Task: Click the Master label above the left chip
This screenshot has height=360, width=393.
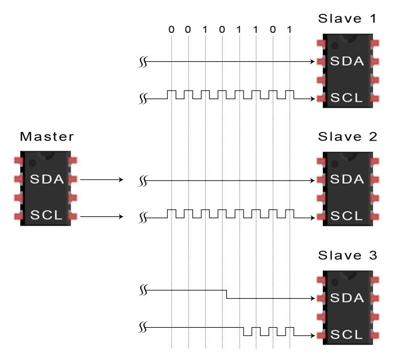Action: tap(47, 137)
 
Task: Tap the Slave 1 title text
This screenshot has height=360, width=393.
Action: tap(347, 19)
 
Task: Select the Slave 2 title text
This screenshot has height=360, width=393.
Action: tap(347, 137)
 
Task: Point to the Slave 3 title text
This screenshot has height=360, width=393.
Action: tap(347, 255)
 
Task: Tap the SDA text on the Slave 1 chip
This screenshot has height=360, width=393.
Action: tap(347, 62)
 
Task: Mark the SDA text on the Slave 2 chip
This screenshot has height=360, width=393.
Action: tap(347, 180)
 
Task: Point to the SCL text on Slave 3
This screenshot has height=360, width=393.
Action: tap(347, 334)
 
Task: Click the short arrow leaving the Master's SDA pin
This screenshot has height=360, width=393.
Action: tap(102, 180)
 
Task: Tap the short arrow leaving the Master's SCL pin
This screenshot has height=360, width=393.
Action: tap(102, 216)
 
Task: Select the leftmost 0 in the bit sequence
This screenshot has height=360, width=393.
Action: tap(171, 30)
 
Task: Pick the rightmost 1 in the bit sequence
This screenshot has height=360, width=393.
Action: tap(290, 30)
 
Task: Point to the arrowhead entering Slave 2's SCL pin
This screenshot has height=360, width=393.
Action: tap(312, 216)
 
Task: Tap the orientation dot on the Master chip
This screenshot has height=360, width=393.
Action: tap(33, 162)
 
